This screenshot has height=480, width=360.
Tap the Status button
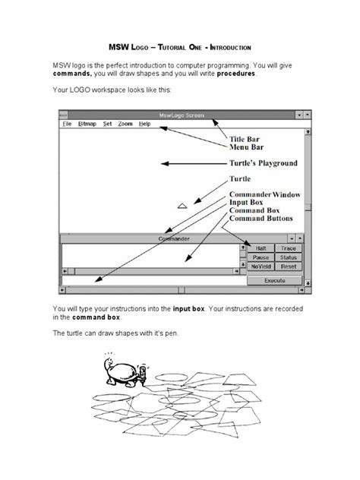click(288, 257)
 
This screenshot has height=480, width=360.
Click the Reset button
click(288, 267)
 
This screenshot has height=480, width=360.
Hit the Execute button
click(274, 280)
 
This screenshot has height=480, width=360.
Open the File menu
click(67, 123)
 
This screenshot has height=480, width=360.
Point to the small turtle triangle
click(182, 205)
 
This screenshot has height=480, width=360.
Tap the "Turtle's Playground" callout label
click(263, 163)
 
